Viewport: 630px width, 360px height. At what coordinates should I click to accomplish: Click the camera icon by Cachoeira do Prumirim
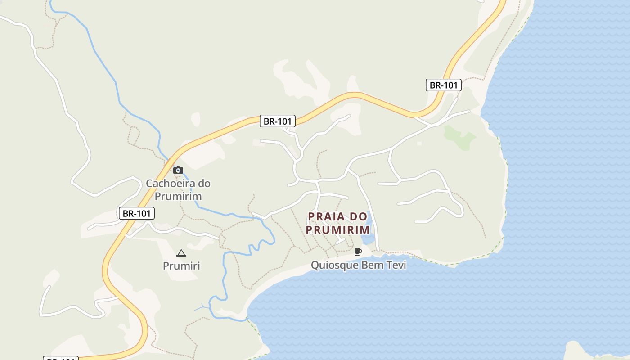click(178, 170)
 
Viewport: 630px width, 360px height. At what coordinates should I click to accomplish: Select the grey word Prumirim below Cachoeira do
click(178, 197)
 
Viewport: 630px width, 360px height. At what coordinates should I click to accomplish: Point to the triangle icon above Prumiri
click(181, 253)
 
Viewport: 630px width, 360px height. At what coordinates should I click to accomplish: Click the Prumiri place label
click(181, 266)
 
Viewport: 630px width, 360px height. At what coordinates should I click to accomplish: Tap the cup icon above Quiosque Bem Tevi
click(358, 252)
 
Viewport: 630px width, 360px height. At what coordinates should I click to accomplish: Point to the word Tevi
click(396, 265)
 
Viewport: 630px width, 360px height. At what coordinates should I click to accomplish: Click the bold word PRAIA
click(326, 217)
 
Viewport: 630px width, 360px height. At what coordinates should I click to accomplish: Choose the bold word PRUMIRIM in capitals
click(338, 230)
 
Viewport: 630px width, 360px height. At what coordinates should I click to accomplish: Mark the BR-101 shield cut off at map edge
click(61, 358)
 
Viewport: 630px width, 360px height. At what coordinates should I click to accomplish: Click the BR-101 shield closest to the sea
click(443, 85)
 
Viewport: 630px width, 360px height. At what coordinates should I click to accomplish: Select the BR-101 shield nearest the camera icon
click(136, 213)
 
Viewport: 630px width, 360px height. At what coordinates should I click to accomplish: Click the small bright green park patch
click(459, 136)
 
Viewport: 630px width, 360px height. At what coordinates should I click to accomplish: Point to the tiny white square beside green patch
click(419, 144)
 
